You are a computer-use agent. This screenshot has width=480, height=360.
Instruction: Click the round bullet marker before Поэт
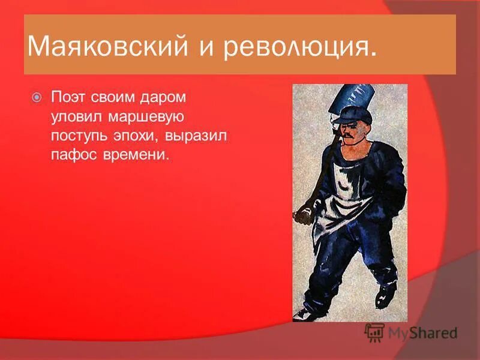pos(37,96)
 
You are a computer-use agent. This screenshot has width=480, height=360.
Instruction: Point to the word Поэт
pos(67,96)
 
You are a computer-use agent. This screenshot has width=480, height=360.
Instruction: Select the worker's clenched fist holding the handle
pos(304,213)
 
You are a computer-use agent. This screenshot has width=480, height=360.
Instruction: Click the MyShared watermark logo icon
pos(374,332)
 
